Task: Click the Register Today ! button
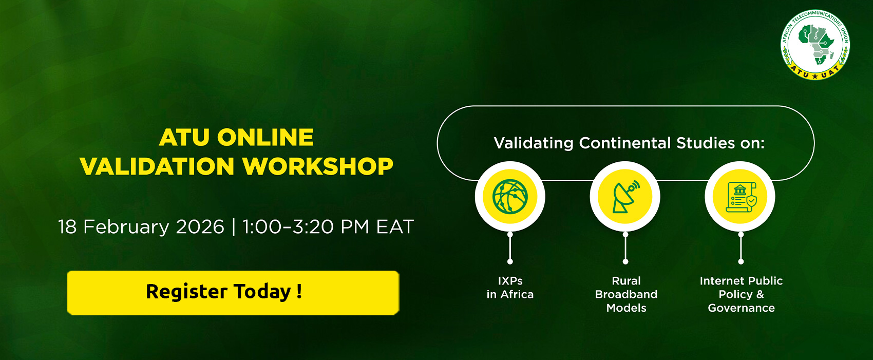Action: tap(233, 293)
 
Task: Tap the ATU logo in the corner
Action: tap(815, 44)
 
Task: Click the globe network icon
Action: tap(510, 196)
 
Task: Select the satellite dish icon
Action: tap(625, 196)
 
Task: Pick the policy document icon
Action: tap(741, 197)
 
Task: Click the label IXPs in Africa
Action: tap(510, 288)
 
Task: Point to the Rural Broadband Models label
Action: tap(626, 294)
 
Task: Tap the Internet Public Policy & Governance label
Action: tap(741, 294)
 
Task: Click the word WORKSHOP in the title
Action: tap(318, 166)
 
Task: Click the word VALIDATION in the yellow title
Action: tap(157, 166)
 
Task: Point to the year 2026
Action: tap(200, 227)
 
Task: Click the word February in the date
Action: tap(126, 227)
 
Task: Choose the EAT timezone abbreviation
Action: tap(394, 227)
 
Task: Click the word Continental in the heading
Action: tap(624, 143)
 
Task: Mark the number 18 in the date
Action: tap(67, 227)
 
